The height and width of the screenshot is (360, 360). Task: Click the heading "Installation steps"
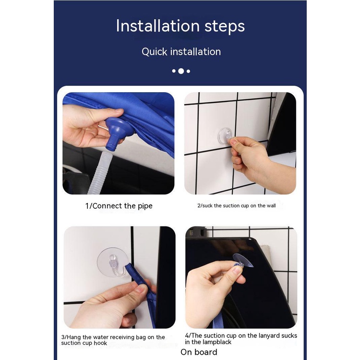(x=180, y=26)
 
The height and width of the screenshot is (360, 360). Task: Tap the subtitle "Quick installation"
(x=181, y=52)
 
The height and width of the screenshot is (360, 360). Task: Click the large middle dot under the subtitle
(x=181, y=71)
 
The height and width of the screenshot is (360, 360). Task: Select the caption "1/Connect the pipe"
(x=119, y=206)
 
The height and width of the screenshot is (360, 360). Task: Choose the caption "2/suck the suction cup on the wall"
(x=237, y=206)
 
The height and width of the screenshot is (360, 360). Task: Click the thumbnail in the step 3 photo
(x=140, y=290)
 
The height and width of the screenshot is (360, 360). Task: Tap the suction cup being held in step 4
(x=242, y=261)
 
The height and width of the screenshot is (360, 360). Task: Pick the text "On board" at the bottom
(x=199, y=352)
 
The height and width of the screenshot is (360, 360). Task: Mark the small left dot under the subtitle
(x=174, y=71)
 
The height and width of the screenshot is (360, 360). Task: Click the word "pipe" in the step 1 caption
(x=145, y=206)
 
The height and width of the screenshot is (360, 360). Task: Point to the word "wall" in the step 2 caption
(x=271, y=205)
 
